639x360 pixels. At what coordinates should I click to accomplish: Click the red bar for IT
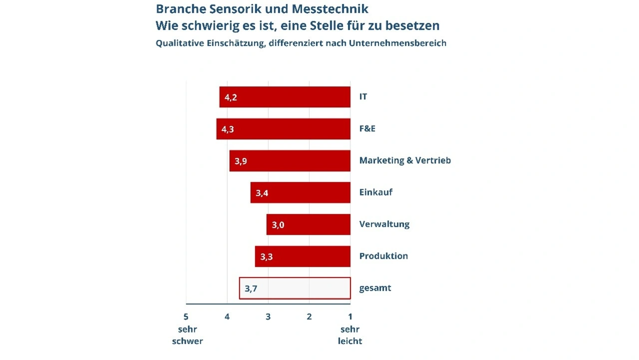(x=285, y=97)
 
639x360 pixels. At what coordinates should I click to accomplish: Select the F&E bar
(x=283, y=129)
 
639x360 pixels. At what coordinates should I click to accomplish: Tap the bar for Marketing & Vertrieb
(x=290, y=161)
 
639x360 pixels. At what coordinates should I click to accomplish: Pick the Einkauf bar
(x=300, y=193)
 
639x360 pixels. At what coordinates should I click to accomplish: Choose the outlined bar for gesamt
(x=295, y=288)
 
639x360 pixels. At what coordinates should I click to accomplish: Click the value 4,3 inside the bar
(x=228, y=129)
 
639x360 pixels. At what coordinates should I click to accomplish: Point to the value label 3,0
(x=278, y=225)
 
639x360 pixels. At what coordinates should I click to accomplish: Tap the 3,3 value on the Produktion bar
(x=267, y=257)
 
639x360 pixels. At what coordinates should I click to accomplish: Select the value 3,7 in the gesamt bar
(x=251, y=289)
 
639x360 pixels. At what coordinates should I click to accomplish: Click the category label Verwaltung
(x=384, y=224)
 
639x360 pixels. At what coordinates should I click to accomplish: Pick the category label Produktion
(x=383, y=256)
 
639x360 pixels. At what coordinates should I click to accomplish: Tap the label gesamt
(x=375, y=288)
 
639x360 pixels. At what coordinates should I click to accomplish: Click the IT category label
(x=363, y=97)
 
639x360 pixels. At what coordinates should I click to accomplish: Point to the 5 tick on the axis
(x=186, y=317)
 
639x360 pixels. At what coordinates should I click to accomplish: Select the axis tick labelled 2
(x=309, y=317)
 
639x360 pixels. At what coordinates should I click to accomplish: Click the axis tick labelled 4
(x=227, y=317)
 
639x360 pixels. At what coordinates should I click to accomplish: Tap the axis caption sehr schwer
(x=187, y=336)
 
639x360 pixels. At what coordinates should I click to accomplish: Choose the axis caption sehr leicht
(x=350, y=336)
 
